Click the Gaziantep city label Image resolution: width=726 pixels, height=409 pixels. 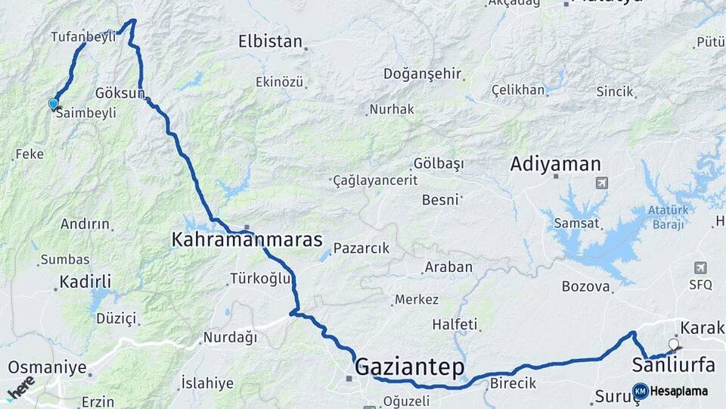[409, 367]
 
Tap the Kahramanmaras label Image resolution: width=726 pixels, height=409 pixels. [247, 241]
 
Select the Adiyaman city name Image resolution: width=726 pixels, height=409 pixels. [555, 164]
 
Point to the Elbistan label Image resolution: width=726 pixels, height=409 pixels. [270, 41]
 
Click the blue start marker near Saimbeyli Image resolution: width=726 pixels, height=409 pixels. [53, 104]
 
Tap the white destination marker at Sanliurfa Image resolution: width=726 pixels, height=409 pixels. [673, 345]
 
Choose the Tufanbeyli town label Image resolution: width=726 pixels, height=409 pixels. [83, 36]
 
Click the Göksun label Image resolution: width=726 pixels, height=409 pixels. [119, 92]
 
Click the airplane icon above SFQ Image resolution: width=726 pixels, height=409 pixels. [700, 268]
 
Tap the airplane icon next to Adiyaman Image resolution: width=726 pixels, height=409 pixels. [602, 183]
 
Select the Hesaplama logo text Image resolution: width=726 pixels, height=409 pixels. [679, 391]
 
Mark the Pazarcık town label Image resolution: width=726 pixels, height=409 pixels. [361, 248]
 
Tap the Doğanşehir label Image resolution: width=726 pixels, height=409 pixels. [422, 73]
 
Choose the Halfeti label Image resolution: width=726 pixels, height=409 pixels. [455, 324]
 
